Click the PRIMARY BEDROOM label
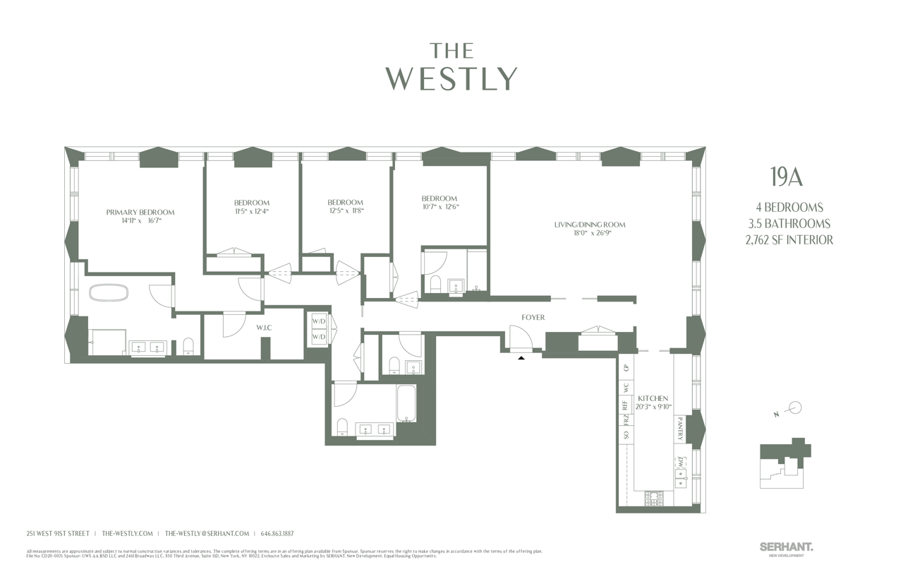[x=140, y=212]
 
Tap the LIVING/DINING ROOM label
[x=589, y=225]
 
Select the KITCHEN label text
[x=653, y=399]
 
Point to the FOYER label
[x=533, y=318]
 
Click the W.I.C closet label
[x=265, y=328]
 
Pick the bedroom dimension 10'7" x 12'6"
[x=440, y=207]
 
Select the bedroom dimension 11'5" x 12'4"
[x=252, y=211]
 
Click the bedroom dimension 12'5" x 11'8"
[x=346, y=210]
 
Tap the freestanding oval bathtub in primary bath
[x=108, y=292]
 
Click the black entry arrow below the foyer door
[x=521, y=358]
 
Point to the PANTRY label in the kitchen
[x=679, y=429]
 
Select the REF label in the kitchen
[x=625, y=405]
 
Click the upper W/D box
[x=319, y=321]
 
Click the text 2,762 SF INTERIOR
[x=789, y=240]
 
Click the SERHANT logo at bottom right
[x=786, y=547]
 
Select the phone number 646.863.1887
[x=277, y=534]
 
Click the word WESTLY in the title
[x=451, y=79]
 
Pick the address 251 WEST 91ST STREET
[x=58, y=534]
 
